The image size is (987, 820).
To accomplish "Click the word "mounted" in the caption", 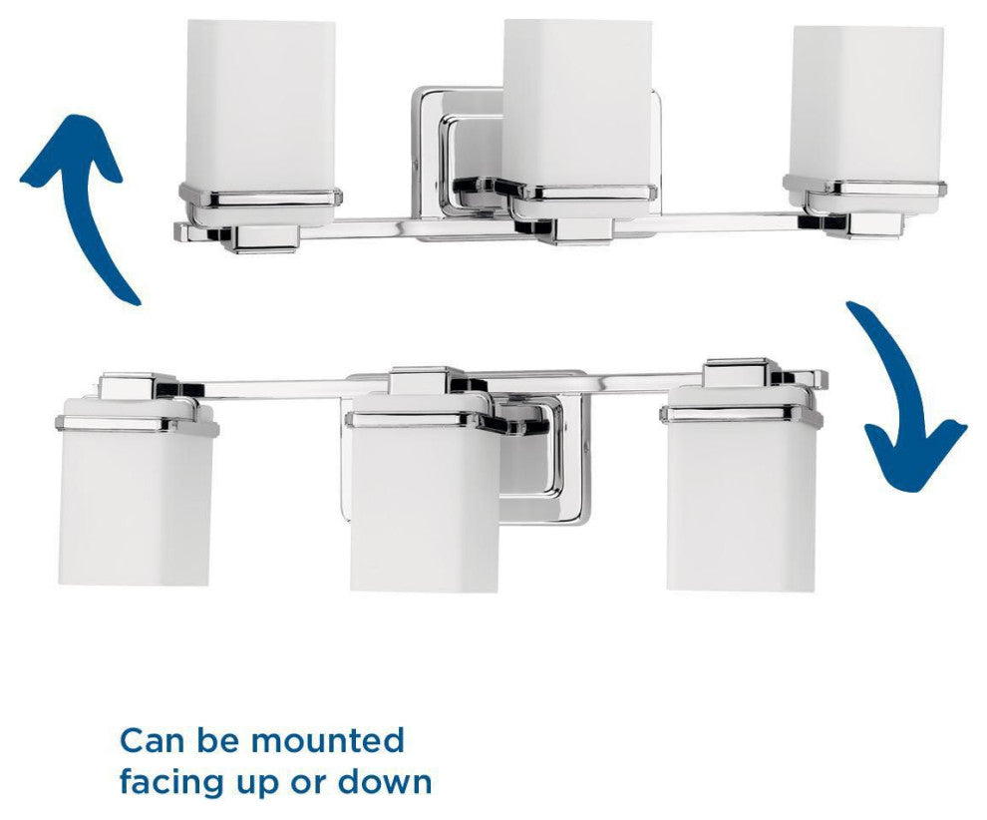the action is pos(327,740).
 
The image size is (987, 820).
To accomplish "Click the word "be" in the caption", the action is pos(217,740).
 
